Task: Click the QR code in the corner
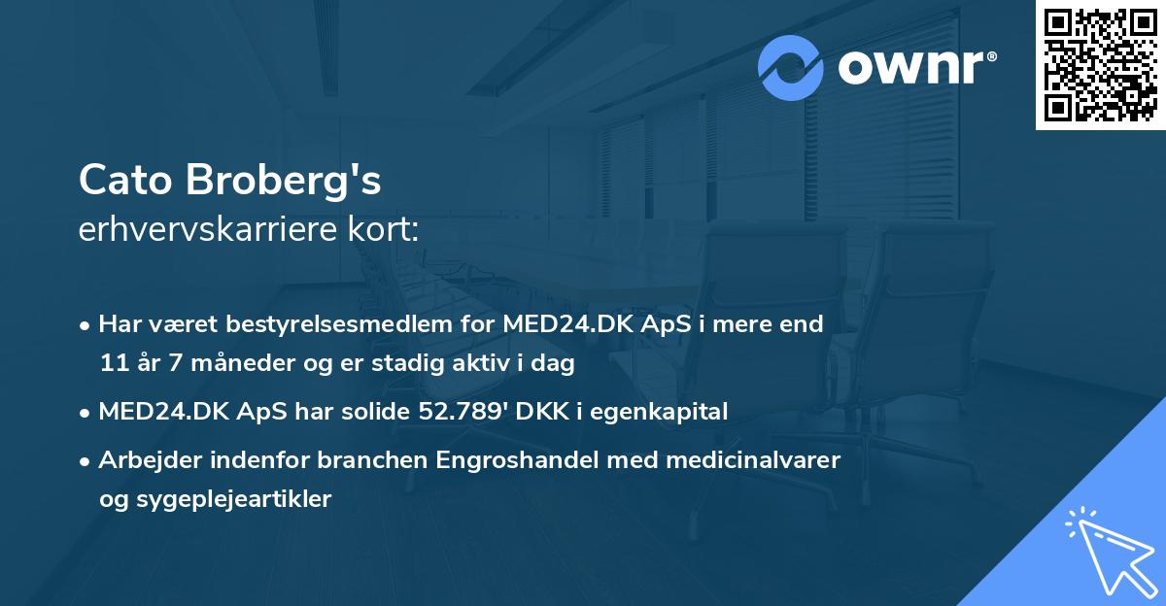tap(1100, 65)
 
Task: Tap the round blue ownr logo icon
tap(791, 68)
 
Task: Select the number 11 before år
tap(112, 364)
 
